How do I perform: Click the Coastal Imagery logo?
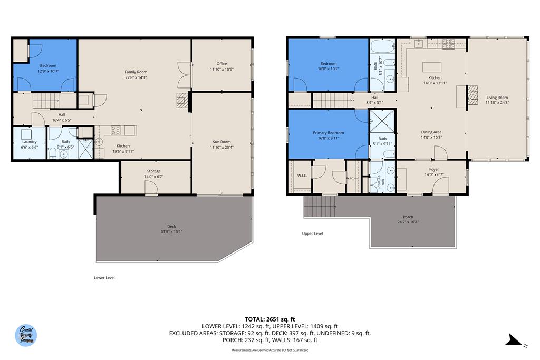(x=26, y=335)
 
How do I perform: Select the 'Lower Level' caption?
(x=104, y=278)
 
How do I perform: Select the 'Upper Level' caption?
(x=312, y=233)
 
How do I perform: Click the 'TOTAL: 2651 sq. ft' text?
(x=269, y=319)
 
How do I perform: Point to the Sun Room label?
(x=221, y=142)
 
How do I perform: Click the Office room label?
(x=221, y=64)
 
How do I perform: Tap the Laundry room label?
(x=29, y=142)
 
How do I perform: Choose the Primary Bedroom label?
(x=327, y=133)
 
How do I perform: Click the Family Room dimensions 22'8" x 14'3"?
(x=136, y=77)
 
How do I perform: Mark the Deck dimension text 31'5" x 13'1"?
(x=172, y=231)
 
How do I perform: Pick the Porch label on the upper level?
(x=408, y=217)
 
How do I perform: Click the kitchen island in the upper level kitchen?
(x=432, y=67)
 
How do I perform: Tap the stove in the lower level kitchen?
(x=115, y=129)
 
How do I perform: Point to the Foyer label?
(x=434, y=169)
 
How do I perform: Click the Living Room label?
(x=497, y=97)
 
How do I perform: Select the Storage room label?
(x=153, y=171)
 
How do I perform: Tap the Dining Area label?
(x=431, y=132)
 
